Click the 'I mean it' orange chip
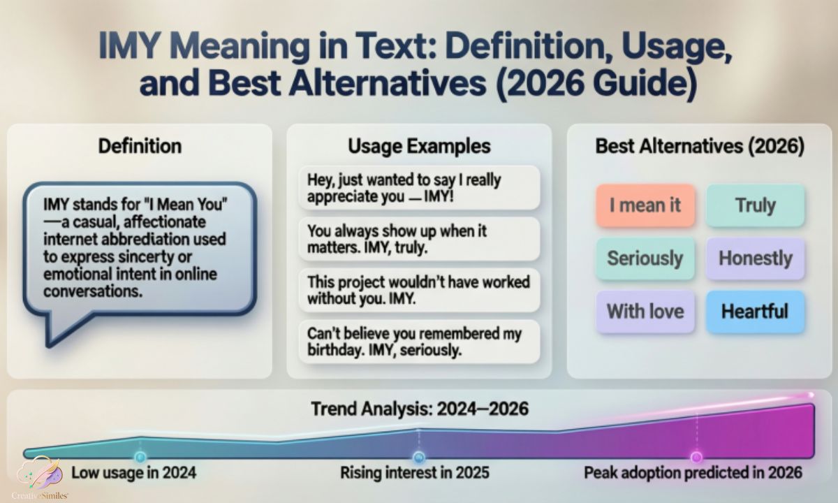tap(645, 205)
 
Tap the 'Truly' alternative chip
tap(756, 205)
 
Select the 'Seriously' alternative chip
tap(645, 258)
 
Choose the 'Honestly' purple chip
tap(756, 258)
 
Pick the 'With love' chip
tap(645, 312)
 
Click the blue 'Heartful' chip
tap(756, 312)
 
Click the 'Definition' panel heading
tap(140, 146)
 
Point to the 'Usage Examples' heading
tap(420, 146)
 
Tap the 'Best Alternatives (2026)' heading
tap(700, 146)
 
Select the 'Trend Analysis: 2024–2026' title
tap(420, 409)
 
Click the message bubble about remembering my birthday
tap(420, 342)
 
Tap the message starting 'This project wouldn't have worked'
tap(420, 291)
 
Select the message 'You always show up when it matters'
tap(420, 239)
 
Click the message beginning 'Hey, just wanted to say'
tap(420, 188)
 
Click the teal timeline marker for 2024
tap(140, 457)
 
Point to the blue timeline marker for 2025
tap(419, 457)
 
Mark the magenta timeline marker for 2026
tap(696, 457)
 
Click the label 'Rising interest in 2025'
tap(415, 473)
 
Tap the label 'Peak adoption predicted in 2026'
tap(693, 473)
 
